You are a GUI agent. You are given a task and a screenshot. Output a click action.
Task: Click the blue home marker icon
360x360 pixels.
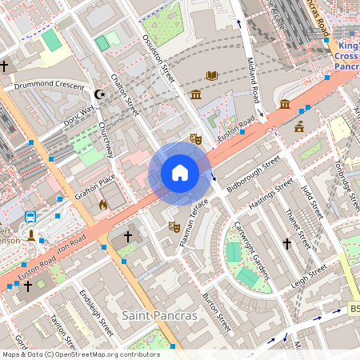(180, 173)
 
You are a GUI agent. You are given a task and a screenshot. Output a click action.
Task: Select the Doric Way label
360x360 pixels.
(78, 115)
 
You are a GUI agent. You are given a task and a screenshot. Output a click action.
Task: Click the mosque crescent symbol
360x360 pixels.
(100, 94)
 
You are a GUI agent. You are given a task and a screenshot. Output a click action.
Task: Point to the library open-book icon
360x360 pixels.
(211, 76)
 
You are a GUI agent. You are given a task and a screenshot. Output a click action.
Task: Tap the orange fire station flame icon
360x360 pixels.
(102, 205)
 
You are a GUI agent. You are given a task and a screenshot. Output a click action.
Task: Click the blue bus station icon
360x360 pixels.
(30, 217)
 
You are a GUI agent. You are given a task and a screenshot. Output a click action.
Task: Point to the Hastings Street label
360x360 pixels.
(271, 197)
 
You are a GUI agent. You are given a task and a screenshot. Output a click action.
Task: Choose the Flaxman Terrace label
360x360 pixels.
(194, 222)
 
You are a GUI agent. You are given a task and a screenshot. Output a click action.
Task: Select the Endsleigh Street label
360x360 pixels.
(97, 315)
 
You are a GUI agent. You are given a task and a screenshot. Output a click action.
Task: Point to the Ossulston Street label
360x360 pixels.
(158, 58)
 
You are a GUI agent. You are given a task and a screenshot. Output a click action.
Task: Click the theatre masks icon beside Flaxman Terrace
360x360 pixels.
(174, 227)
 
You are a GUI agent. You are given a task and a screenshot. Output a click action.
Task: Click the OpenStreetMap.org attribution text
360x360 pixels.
(104, 354)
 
